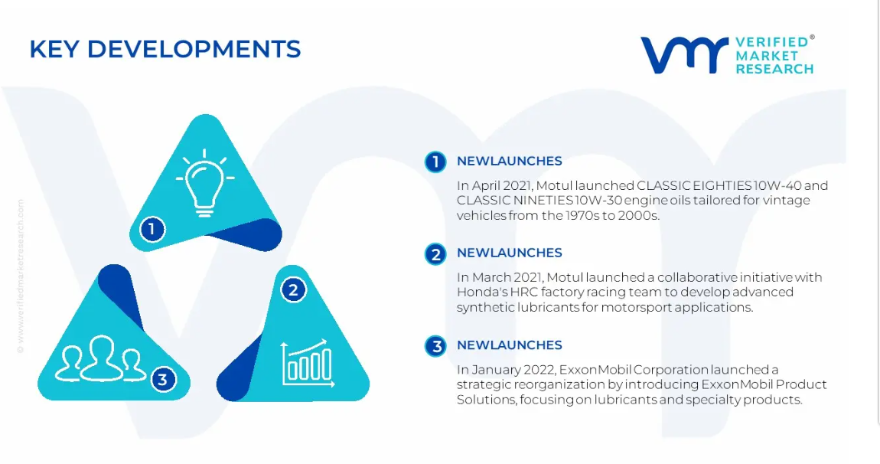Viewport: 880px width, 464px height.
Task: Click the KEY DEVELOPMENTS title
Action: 165,49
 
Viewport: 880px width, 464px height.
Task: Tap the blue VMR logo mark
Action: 685,55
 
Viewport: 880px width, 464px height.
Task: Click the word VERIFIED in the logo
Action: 771,42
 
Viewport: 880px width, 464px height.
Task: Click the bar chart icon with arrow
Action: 308,363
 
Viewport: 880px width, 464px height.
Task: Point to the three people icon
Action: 100,359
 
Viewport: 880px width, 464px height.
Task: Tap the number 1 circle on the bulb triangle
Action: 152,229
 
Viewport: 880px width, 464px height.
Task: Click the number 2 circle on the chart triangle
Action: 293,290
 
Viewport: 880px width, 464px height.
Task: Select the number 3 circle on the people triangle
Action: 163,379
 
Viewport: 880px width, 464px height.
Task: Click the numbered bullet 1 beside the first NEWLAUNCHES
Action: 435,162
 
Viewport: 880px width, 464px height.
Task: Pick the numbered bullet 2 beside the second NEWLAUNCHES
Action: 435,254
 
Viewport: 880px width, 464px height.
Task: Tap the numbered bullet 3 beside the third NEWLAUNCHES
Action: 435,346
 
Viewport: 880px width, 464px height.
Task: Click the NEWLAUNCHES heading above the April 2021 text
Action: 509,162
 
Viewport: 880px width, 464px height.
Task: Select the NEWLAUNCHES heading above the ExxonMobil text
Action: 509,345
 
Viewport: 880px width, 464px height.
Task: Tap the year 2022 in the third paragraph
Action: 538,370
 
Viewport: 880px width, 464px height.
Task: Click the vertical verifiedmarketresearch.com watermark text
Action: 21,276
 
